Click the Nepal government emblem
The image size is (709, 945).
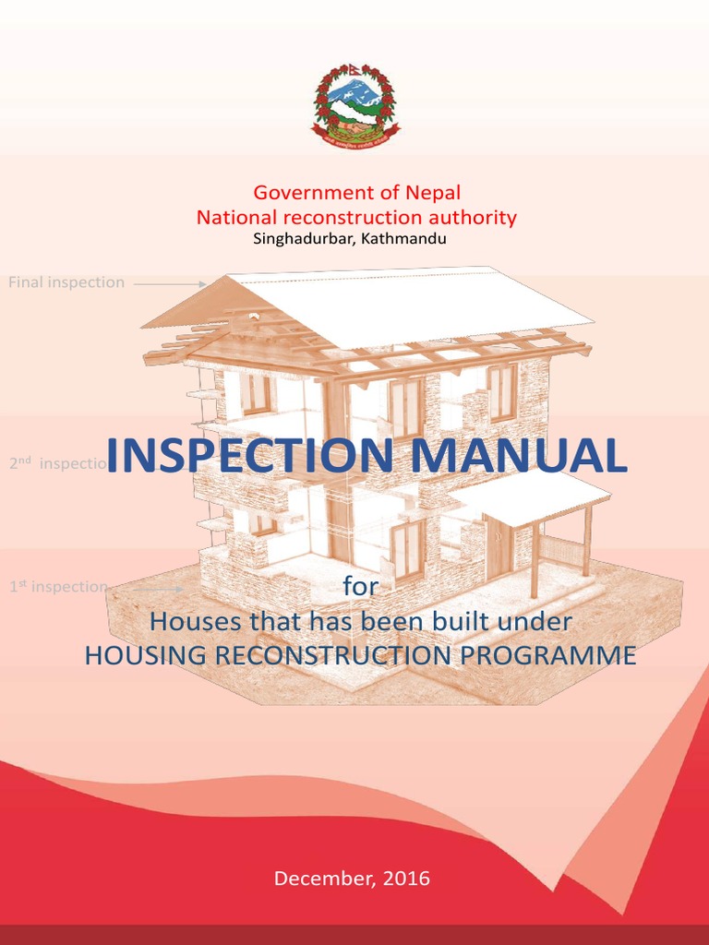(354, 106)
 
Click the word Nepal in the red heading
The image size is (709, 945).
(431, 193)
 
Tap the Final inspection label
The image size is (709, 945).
(66, 282)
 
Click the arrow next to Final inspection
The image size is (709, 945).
(170, 284)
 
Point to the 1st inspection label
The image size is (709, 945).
(58, 586)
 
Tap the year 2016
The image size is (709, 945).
(406, 879)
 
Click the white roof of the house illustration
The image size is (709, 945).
(415, 305)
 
